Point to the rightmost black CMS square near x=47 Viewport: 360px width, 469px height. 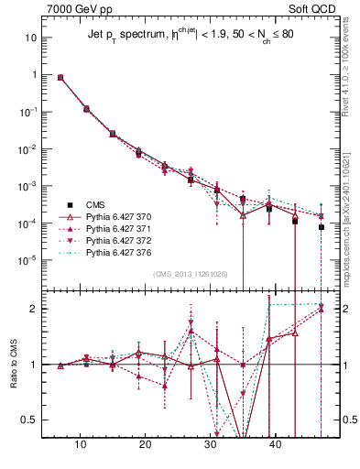click(x=322, y=226)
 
